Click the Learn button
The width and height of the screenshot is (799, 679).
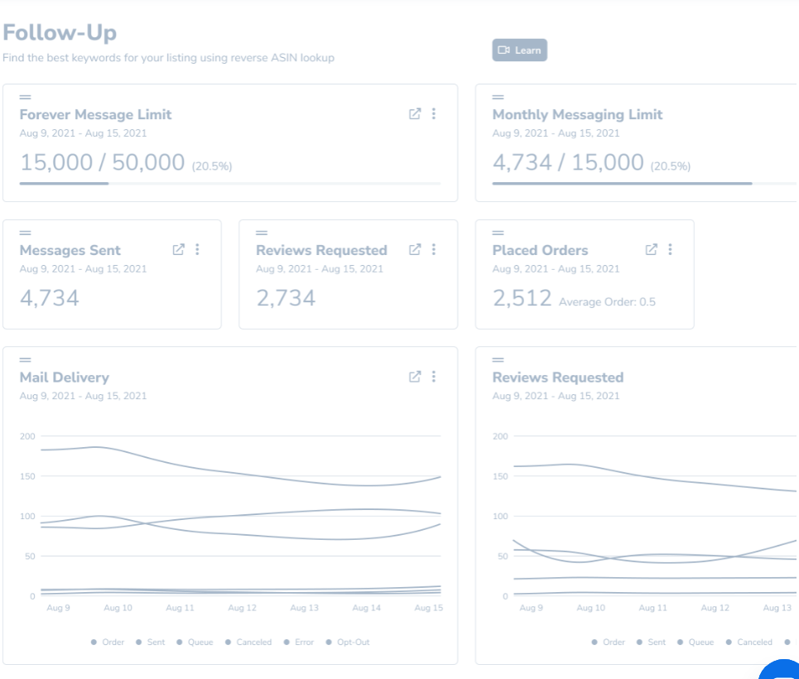point(519,51)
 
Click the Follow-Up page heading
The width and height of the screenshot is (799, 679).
point(60,32)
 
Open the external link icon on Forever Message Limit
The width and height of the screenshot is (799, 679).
point(415,114)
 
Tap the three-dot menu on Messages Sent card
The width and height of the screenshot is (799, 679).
point(197,249)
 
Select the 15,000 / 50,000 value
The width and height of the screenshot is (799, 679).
point(102,162)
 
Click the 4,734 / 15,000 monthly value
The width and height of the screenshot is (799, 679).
point(568,162)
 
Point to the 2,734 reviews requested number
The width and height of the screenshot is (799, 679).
point(286,298)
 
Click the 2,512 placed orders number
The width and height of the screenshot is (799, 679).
point(522,298)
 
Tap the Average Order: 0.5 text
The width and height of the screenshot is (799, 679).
point(607,301)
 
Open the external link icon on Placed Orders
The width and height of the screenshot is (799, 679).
point(652,249)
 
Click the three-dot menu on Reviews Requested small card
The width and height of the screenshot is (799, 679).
point(434,249)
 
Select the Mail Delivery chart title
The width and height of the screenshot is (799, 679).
point(64,378)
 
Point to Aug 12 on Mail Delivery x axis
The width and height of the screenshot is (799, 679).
point(242,608)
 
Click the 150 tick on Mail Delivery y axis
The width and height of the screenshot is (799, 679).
point(27,476)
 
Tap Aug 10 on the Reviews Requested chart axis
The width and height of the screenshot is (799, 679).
point(590,608)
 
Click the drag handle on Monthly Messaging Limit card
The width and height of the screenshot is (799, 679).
point(498,98)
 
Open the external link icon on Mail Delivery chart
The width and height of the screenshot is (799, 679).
point(415,377)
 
